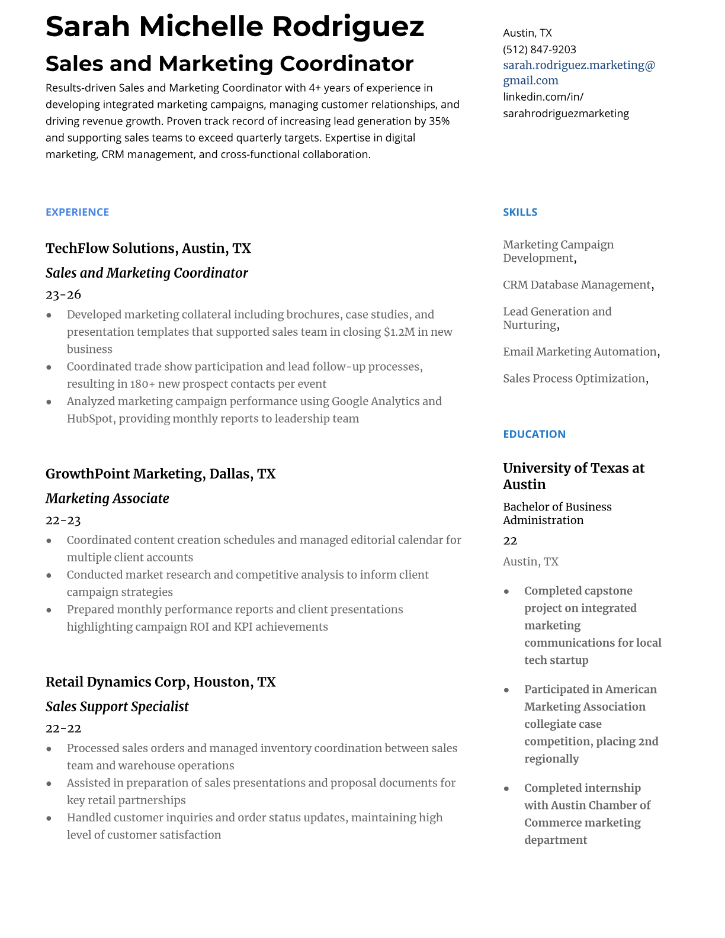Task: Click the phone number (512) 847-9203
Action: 539,50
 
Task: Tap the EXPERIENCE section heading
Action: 77,212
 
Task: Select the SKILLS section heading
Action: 519,212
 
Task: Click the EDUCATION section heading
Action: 534,434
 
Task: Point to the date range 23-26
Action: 63,295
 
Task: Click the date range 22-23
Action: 63,521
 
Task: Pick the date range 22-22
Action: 63,728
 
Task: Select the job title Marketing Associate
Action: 107,499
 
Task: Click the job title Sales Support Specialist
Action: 117,706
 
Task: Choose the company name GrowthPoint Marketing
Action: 125,474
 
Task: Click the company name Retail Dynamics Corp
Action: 117,682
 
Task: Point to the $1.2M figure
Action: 399,332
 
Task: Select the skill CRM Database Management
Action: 576,285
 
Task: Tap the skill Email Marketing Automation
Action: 579,352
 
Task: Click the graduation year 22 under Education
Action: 510,541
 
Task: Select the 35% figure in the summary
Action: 439,121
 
